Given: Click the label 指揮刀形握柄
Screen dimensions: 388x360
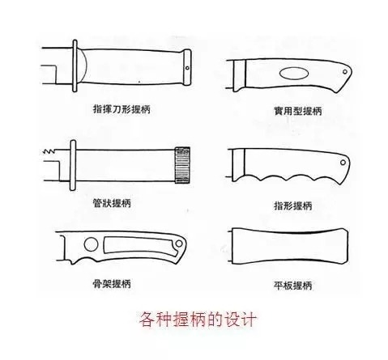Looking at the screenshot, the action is [x=122, y=109].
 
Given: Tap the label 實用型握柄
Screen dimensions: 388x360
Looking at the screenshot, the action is [x=298, y=111].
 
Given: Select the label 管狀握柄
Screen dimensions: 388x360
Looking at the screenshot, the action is [x=112, y=203].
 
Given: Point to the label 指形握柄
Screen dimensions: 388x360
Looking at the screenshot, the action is [x=293, y=205].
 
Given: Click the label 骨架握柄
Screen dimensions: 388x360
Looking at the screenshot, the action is [x=112, y=284].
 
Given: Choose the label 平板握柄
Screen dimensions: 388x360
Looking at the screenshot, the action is [x=293, y=286].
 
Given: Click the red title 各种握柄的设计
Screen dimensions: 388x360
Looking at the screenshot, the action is [x=198, y=320].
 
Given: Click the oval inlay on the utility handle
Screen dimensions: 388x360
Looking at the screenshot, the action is [x=294, y=74].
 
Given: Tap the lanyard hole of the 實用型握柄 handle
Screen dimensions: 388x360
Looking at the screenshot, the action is [x=345, y=72].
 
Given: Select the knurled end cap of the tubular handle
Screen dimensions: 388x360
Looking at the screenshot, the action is [x=182, y=165].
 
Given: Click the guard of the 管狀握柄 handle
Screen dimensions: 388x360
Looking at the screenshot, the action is [x=73, y=165].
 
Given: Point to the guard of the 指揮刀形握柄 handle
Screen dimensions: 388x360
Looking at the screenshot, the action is [x=75, y=66].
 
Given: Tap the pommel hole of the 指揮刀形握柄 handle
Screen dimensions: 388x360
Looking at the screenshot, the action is [x=187, y=68].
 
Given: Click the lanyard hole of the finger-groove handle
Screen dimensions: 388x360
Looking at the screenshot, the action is [x=343, y=163].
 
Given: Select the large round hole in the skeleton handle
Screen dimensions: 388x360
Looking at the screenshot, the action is [x=91, y=244].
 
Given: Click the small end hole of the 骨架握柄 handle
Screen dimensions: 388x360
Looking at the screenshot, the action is [x=179, y=244].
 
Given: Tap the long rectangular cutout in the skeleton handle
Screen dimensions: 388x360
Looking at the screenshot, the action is [x=140, y=246].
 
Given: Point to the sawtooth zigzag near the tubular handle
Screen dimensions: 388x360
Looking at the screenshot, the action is [x=49, y=151].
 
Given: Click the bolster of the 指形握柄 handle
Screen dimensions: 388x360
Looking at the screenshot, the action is [x=239, y=164].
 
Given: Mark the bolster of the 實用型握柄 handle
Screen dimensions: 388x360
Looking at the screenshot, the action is [x=240, y=75].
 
